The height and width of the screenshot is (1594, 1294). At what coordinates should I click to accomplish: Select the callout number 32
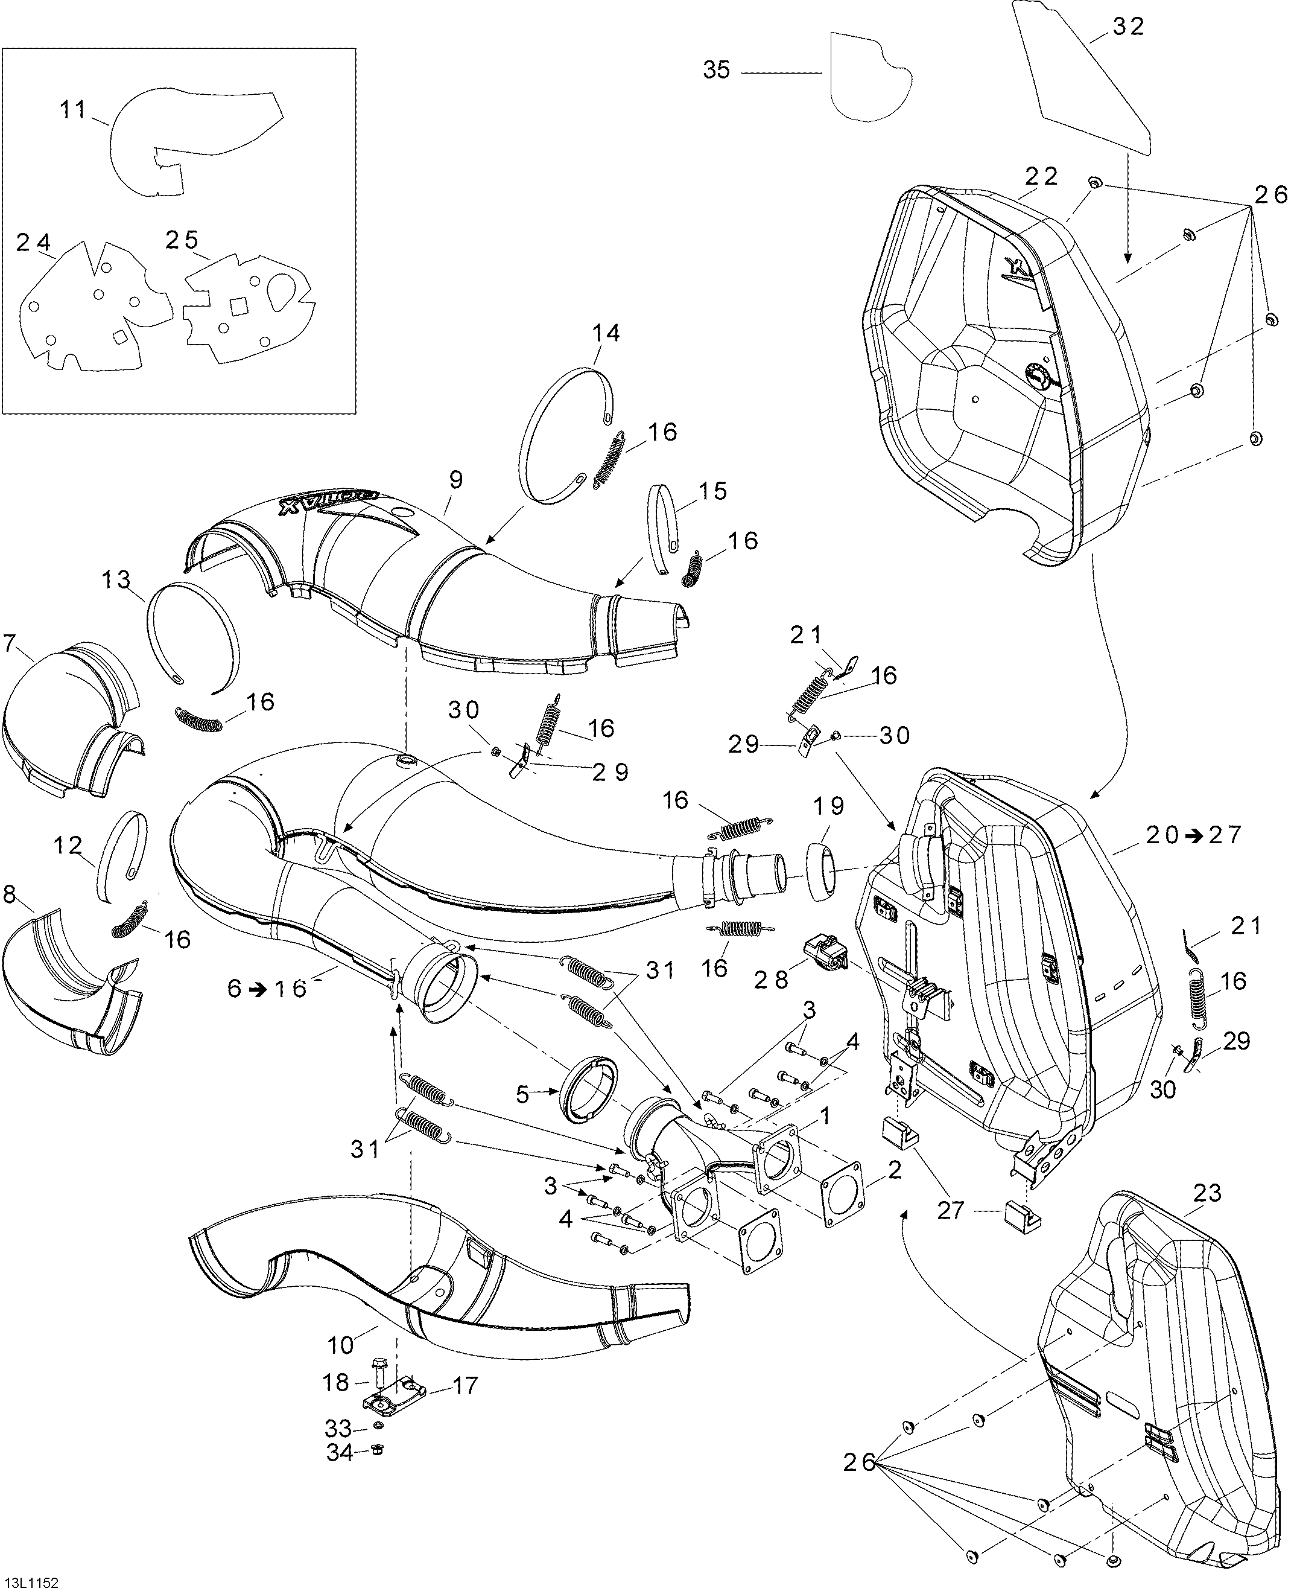click(x=1127, y=26)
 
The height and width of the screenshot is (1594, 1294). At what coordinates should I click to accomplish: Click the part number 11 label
click(x=73, y=110)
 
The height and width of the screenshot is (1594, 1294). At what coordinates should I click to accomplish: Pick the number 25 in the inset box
click(x=182, y=240)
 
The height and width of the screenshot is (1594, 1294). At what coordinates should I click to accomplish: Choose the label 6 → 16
click(x=267, y=989)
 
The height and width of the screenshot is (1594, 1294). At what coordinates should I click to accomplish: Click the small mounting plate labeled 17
click(x=395, y=1401)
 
